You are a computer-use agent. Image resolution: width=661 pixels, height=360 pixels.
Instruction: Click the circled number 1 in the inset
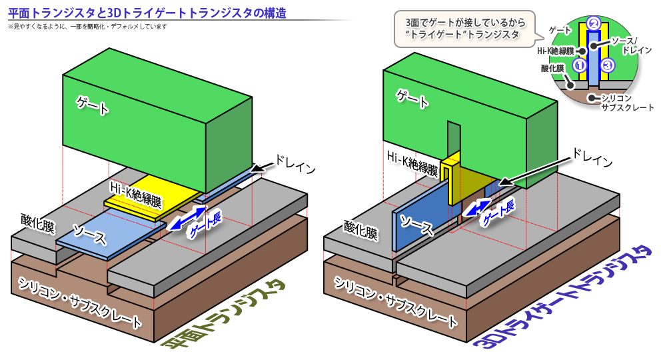point(578,65)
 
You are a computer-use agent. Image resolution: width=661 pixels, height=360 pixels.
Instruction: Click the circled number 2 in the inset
point(593,21)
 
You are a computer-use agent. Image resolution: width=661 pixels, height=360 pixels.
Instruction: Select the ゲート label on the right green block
point(413,97)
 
